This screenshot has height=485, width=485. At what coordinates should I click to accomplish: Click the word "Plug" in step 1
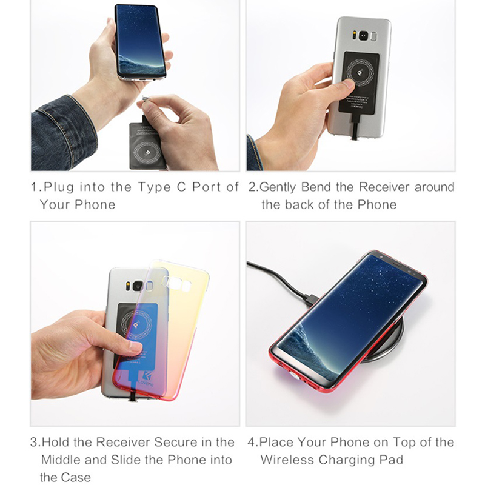click(x=58, y=187)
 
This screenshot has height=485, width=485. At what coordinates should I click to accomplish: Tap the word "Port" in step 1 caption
click(x=207, y=187)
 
